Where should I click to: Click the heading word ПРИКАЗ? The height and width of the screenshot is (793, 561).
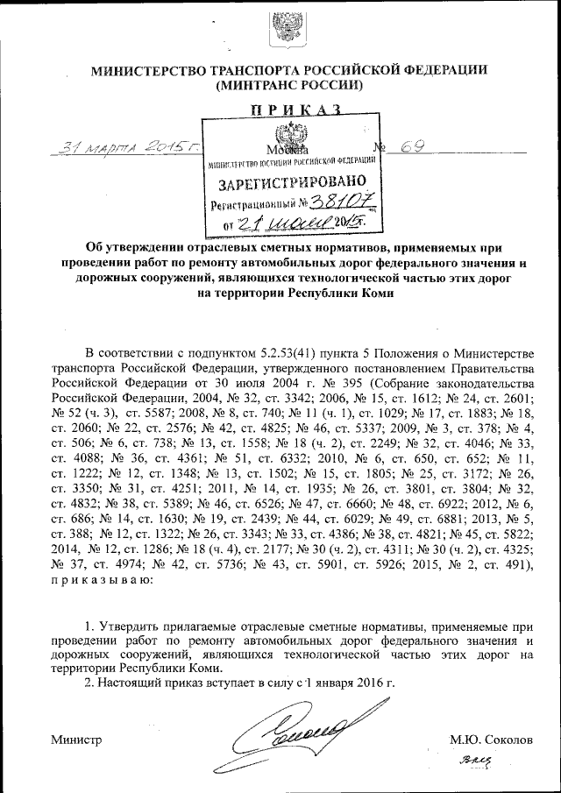pyautogui.click(x=288, y=110)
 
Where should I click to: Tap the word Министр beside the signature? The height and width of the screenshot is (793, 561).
pyautogui.click(x=76, y=740)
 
